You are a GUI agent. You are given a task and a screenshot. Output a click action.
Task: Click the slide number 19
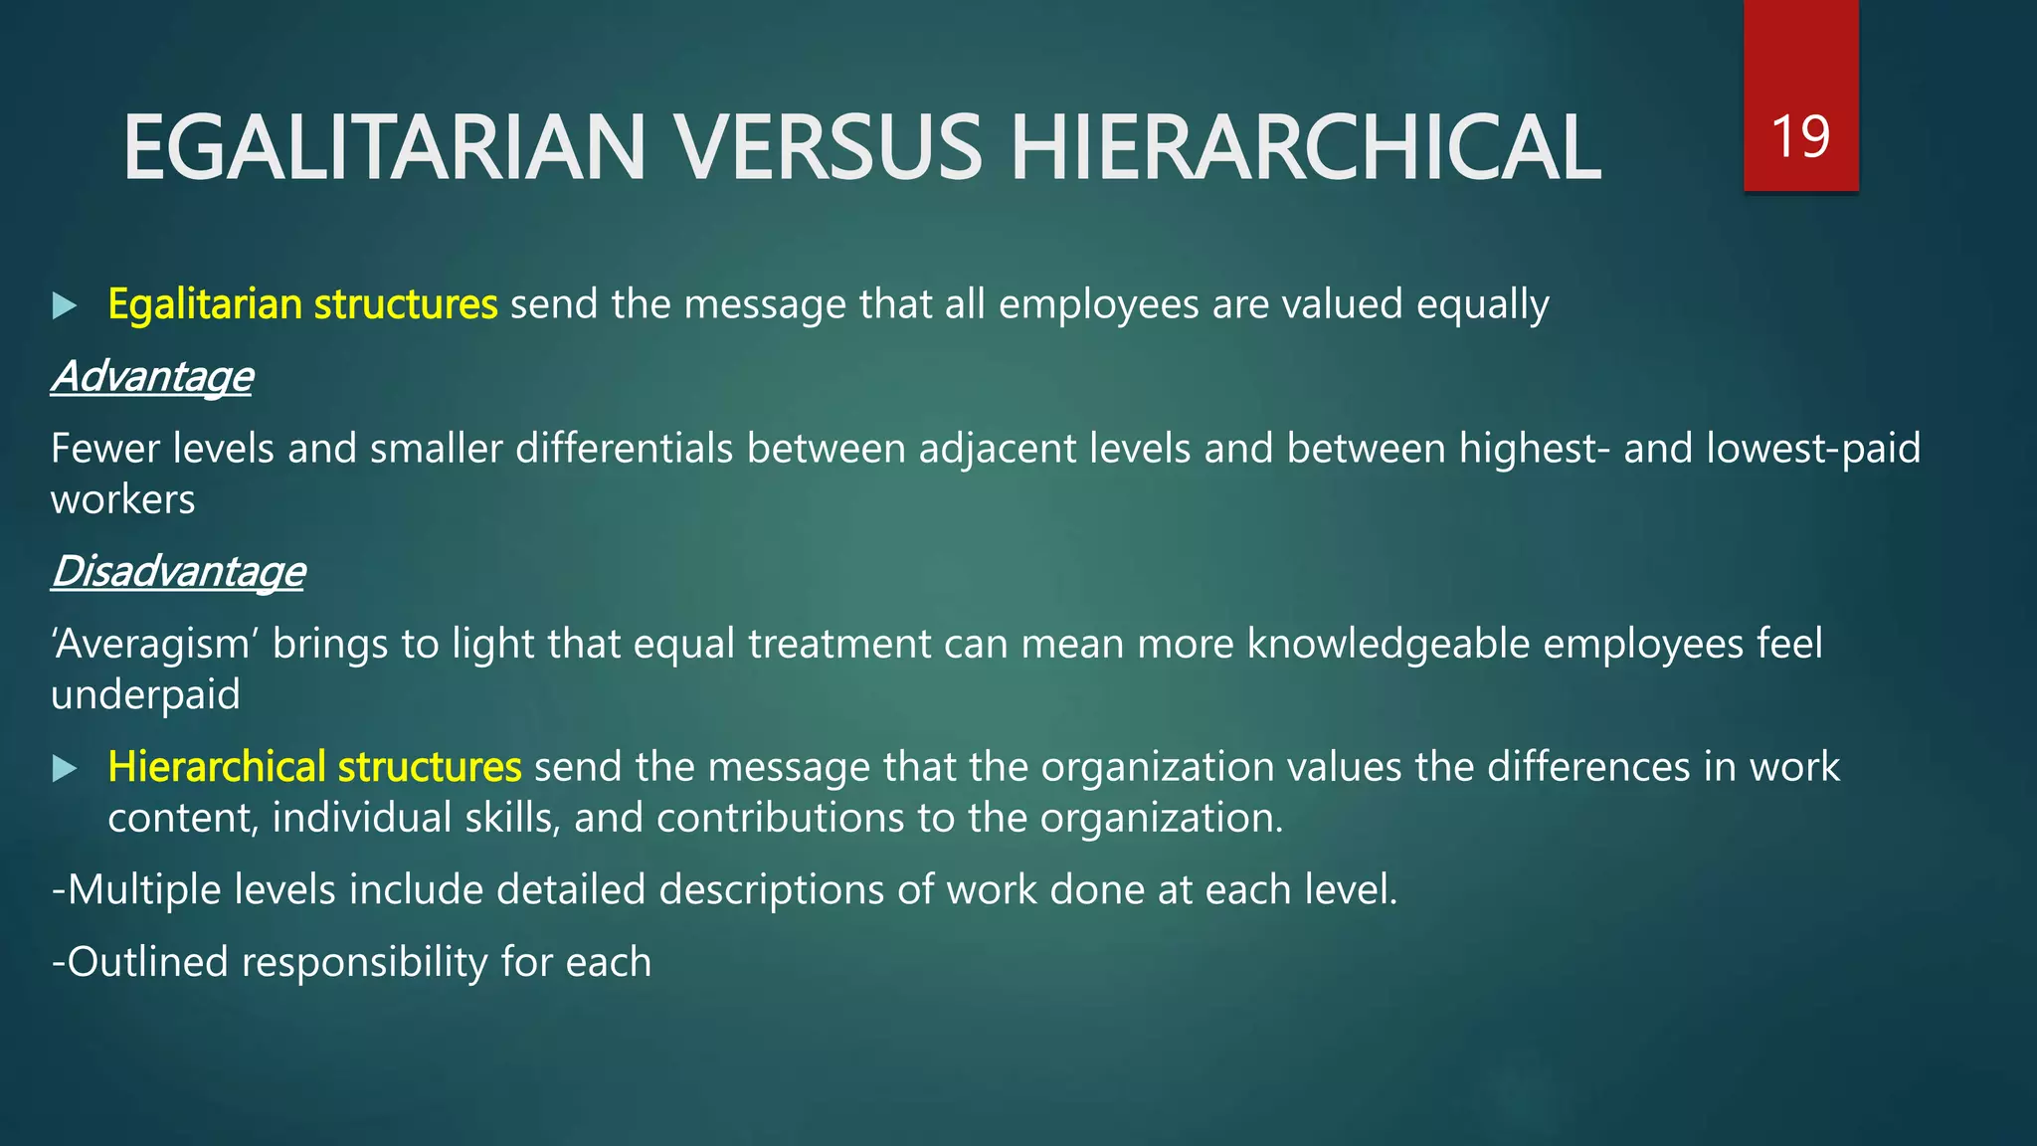(x=1800, y=136)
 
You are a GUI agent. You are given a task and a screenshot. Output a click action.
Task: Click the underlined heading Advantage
(x=152, y=376)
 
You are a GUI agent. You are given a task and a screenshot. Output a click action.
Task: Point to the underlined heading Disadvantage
(x=178, y=571)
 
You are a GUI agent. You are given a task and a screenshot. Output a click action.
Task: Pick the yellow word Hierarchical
(x=217, y=766)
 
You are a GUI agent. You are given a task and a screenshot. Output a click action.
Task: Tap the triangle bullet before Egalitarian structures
(x=65, y=305)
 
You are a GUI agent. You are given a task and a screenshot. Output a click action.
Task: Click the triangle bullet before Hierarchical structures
(x=65, y=768)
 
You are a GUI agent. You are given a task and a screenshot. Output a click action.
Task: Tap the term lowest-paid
(x=1812, y=449)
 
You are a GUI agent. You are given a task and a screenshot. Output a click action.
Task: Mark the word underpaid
(x=145, y=694)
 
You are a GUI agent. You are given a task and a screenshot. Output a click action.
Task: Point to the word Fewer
(x=105, y=449)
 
